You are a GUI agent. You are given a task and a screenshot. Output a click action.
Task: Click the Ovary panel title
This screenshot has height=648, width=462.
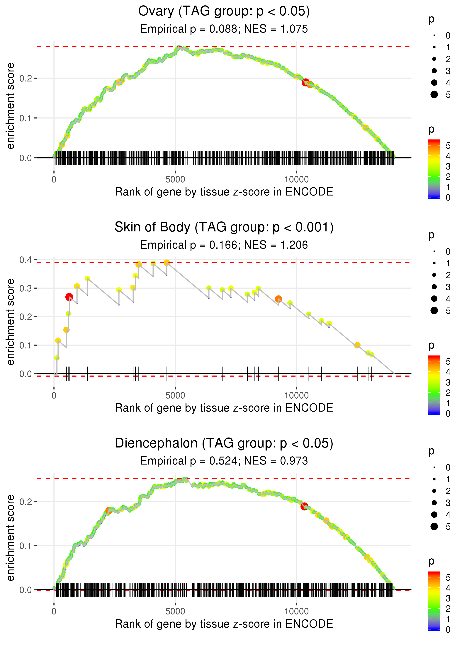[x=224, y=11]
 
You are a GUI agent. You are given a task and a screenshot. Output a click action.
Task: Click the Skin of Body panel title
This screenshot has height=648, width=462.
[x=224, y=227]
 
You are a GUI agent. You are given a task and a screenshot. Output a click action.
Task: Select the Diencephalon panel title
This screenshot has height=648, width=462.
[x=224, y=443]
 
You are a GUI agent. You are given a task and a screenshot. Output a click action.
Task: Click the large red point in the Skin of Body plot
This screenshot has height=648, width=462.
[x=69, y=297]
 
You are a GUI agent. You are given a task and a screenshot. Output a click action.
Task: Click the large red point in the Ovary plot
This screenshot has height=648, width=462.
[x=305, y=82]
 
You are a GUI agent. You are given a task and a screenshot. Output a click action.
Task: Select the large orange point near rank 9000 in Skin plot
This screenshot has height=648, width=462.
[x=278, y=299]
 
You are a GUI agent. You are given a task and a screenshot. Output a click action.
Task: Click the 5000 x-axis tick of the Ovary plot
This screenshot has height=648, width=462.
[x=175, y=180]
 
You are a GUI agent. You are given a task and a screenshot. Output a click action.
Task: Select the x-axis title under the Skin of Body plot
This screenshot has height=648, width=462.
[x=224, y=408]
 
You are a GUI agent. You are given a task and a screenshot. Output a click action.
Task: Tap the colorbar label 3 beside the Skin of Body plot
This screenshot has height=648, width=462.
[x=448, y=383]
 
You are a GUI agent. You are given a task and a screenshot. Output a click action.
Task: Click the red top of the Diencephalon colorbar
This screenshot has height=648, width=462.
[x=434, y=573]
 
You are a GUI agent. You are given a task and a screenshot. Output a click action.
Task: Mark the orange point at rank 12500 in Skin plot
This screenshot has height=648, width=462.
[x=357, y=345]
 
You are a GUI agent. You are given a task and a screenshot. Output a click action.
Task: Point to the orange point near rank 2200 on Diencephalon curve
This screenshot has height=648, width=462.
[x=108, y=511]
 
